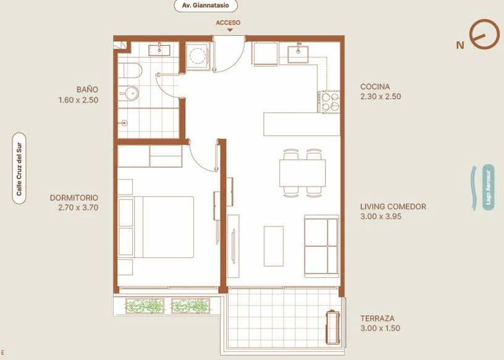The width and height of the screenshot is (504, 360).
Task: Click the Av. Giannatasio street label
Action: pyautogui.click(x=206, y=6)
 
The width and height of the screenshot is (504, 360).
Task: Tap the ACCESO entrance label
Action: pyautogui.click(x=228, y=23)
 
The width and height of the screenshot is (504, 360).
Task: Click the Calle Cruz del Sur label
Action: pyautogui.click(x=19, y=169)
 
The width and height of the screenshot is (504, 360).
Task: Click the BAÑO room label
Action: pyautogui.click(x=87, y=90)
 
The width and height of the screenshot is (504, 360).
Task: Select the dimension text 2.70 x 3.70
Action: pyautogui.click(x=78, y=207)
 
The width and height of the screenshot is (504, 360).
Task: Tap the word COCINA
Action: pyautogui.click(x=375, y=86)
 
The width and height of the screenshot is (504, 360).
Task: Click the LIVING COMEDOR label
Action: pyautogui.click(x=393, y=206)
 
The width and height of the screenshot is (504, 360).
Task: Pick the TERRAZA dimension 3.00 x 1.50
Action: pyautogui.click(x=380, y=328)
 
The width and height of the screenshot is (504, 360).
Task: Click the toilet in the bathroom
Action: pyautogui.click(x=130, y=70)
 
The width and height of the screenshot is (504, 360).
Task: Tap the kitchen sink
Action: pyautogui.click(x=298, y=54)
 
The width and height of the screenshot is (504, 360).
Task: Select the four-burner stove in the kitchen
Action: pyautogui.click(x=329, y=102)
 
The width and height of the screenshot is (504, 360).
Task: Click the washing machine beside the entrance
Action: pyautogui.click(x=198, y=56)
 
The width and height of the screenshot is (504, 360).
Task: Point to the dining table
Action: pyautogui.click(x=303, y=173)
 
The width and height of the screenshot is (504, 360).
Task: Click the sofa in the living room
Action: pyautogui.click(x=321, y=246)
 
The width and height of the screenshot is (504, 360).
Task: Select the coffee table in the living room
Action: pyautogui.click(x=274, y=246)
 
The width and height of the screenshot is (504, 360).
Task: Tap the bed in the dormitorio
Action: pyautogui.click(x=156, y=227)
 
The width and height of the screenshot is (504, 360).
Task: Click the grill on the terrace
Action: pyautogui.click(x=332, y=327)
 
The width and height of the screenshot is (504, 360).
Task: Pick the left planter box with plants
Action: pyautogui.click(x=145, y=306)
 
